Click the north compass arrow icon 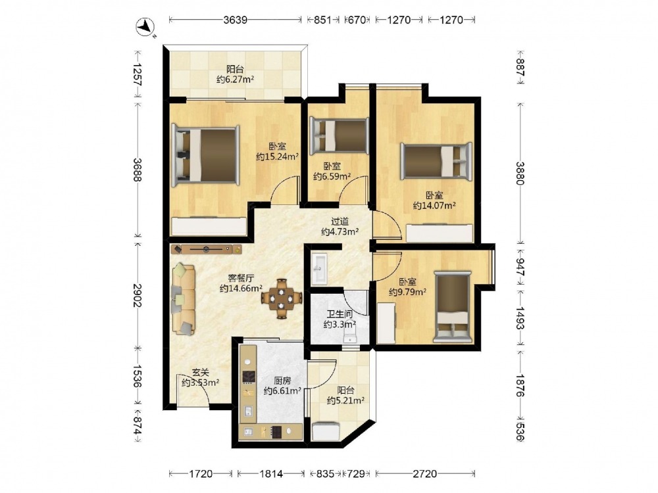tap(145, 28)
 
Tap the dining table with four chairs tap(282, 298)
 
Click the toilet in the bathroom tap(349, 335)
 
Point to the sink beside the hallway tap(319, 269)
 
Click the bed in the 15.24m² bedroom tap(205, 155)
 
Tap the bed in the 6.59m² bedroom tap(339, 134)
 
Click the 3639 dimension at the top tap(235, 20)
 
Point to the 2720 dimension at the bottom tap(424, 474)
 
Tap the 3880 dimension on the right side tap(520, 173)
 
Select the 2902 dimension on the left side tap(138, 295)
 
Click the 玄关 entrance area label tap(200, 372)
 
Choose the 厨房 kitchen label tap(282, 381)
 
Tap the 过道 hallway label tap(340, 222)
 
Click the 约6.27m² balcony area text tap(235, 80)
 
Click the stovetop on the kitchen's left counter tap(249, 377)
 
